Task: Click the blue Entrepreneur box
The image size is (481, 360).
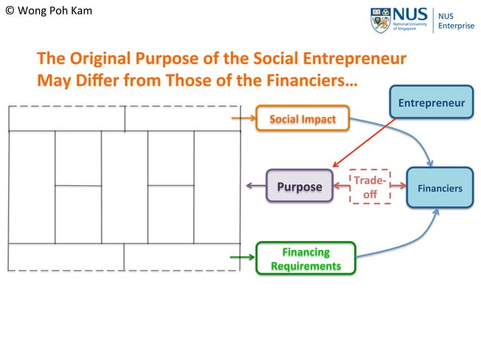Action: tap(432, 102)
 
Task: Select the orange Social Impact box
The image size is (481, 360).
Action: tap(296, 119)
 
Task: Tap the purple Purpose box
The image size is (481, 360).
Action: tap(299, 187)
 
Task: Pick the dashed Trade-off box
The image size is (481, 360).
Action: tap(370, 187)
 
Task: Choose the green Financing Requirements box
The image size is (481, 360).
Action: tap(305, 258)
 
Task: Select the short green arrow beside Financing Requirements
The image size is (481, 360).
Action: tap(242, 258)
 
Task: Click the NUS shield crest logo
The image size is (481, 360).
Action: tap(381, 20)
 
